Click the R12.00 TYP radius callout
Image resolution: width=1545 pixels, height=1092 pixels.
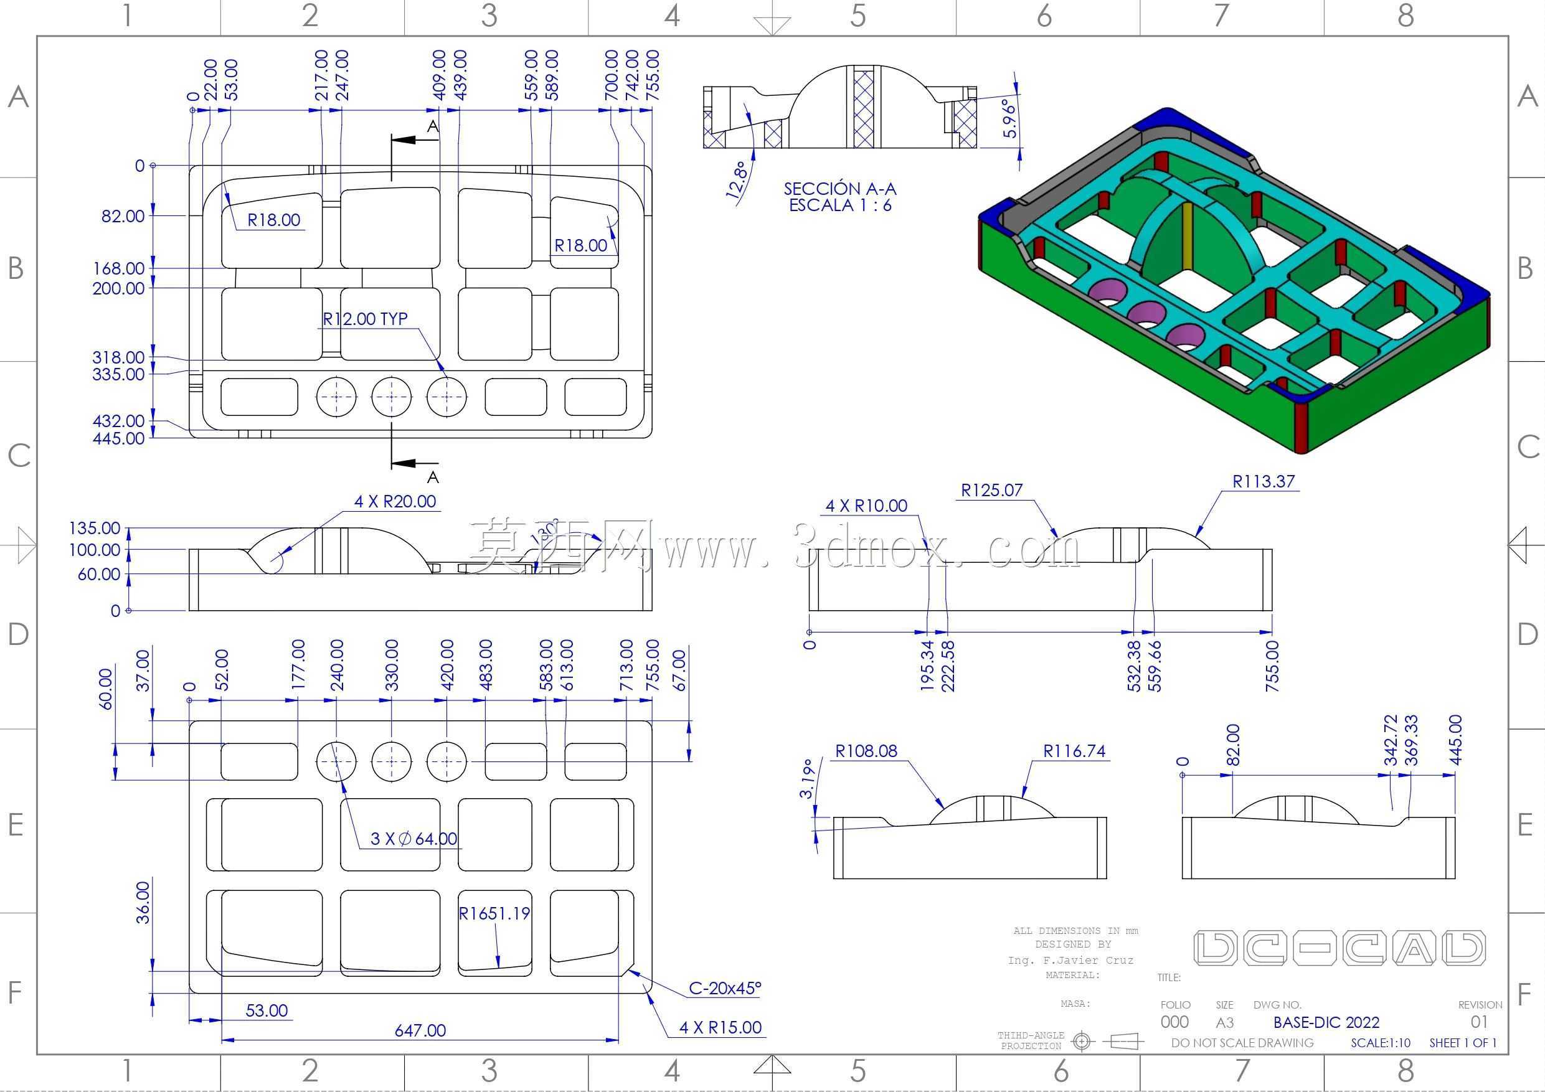tap(365, 318)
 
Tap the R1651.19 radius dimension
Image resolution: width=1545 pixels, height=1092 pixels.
tap(494, 913)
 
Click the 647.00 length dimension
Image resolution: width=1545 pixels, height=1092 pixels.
tap(420, 1030)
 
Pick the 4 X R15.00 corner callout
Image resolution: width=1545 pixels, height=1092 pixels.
tap(720, 1027)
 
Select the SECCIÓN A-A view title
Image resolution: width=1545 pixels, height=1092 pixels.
tap(840, 189)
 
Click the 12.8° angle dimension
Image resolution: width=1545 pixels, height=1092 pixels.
tap(737, 179)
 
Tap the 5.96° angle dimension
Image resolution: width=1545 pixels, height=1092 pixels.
tap(1010, 118)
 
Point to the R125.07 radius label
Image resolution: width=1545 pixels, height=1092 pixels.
tap(992, 490)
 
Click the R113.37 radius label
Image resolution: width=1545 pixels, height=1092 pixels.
tap(1263, 481)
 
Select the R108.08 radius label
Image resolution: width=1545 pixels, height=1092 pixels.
tap(866, 751)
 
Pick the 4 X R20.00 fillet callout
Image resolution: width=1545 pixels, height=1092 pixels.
tap(395, 501)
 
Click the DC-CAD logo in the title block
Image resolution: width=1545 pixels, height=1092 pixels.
tap(1339, 948)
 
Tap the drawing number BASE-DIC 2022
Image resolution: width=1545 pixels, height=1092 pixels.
tap(1326, 1023)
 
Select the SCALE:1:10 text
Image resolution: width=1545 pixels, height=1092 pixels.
tap(1380, 1043)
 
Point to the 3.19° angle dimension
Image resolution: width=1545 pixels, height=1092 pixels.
tap(808, 778)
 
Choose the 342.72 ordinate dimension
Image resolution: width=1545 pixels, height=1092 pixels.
tap(1391, 741)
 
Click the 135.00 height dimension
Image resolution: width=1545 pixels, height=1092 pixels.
tap(94, 528)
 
